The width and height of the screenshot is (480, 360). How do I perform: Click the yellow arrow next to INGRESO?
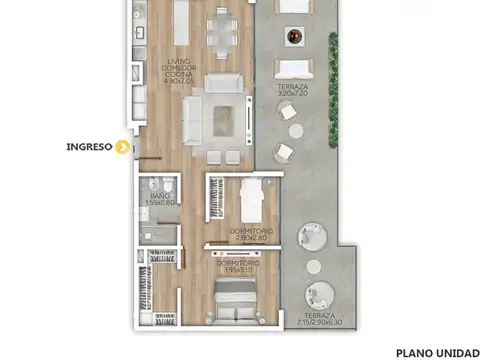point(123,148)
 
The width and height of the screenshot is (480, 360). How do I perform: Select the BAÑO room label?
point(158,195)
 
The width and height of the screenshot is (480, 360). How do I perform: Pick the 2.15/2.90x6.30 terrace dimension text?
point(319,322)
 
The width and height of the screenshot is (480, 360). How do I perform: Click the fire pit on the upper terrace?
point(293,39)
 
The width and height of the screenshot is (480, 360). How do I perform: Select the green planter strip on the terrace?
point(333,60)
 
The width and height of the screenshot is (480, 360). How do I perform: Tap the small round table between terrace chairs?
point(295,130)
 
